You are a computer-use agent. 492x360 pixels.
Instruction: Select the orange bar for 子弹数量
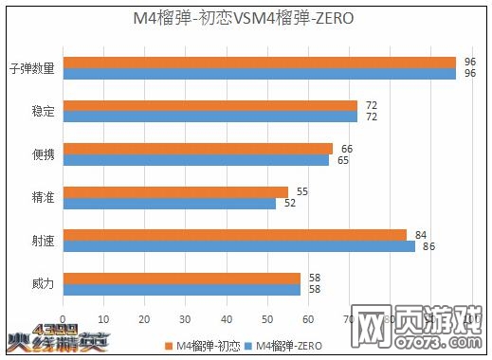click(259, 63)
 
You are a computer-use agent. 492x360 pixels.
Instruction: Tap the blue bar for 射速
click(238, 246)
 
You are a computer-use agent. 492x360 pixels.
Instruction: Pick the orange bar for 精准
click(174, 192)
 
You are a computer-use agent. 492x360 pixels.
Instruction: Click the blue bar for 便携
click(195, 160)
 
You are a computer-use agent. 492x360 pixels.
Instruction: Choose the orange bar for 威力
click(181, 279)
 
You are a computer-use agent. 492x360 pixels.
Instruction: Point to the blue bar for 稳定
click(210, 117)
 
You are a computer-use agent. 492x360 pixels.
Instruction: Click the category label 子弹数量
click(32, 68)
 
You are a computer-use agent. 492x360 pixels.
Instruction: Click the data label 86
click(428, 246)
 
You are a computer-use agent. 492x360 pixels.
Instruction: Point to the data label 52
click(289, 203)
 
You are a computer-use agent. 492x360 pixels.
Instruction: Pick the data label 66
click(346, 149)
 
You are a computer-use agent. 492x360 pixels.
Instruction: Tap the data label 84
click(420, 234)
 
